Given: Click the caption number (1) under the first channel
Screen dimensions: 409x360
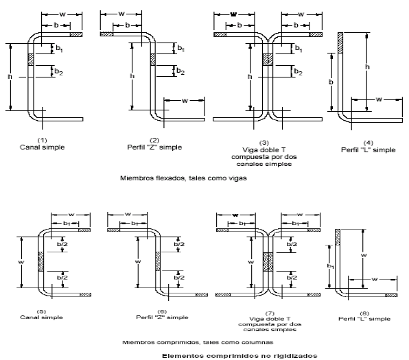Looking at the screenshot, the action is click(x=43, y=141).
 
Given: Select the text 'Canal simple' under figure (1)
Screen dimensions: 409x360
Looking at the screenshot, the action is click(x=43, y=147).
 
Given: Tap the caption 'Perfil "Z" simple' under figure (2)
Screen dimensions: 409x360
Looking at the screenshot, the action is click(x=154, y=147).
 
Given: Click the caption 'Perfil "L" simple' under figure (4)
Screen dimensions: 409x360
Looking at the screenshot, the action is click(x=368, y=150).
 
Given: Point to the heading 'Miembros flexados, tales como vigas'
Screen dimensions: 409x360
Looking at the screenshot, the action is click(x=183, y=178).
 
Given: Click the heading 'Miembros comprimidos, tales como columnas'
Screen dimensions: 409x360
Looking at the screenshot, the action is click(x=198, y=342).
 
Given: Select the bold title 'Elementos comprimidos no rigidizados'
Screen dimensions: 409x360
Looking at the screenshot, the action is click(x=239, y=356).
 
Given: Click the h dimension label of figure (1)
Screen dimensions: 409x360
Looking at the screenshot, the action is click(x=10, y=77).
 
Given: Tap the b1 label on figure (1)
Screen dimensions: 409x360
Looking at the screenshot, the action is click(x=60, y=49).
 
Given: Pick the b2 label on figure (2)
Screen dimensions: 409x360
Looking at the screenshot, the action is click(x=180, y=71).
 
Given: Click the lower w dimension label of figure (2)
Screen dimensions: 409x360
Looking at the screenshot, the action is click(x=185, y=100).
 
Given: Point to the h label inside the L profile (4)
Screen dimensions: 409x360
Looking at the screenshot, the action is click(x=367, y=67).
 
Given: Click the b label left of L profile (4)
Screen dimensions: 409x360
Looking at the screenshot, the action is click(x=331, y=82).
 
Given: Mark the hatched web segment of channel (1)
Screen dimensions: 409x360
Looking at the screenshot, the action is click(x=31, y=60).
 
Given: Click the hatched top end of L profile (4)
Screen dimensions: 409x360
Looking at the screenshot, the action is click(x=340, y=43).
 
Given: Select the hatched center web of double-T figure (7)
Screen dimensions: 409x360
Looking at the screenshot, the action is click(x=268, y=262).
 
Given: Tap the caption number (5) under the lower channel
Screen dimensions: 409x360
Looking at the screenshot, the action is click(x=41, y=311).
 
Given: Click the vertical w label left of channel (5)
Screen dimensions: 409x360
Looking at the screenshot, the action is click(x=21, y=262).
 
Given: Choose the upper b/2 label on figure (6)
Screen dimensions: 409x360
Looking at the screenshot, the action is click(x=179, y=244).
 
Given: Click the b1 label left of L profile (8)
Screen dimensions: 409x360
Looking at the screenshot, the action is click(x=330, y=266).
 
